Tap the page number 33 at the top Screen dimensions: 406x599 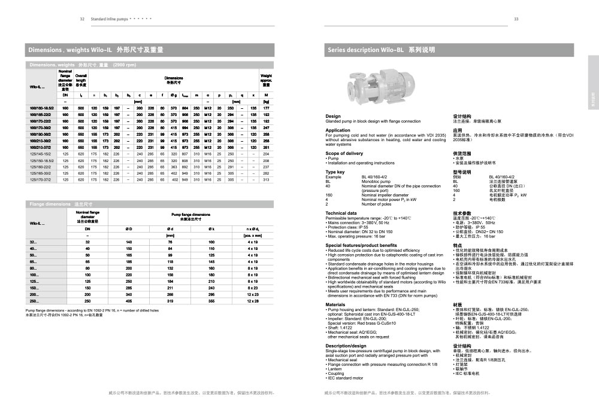516,19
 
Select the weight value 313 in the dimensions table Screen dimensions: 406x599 266,179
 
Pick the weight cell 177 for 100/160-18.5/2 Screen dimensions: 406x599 266,108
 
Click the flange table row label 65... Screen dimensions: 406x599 34,261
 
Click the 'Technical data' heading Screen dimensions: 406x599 341,213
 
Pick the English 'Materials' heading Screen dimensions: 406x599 335,304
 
